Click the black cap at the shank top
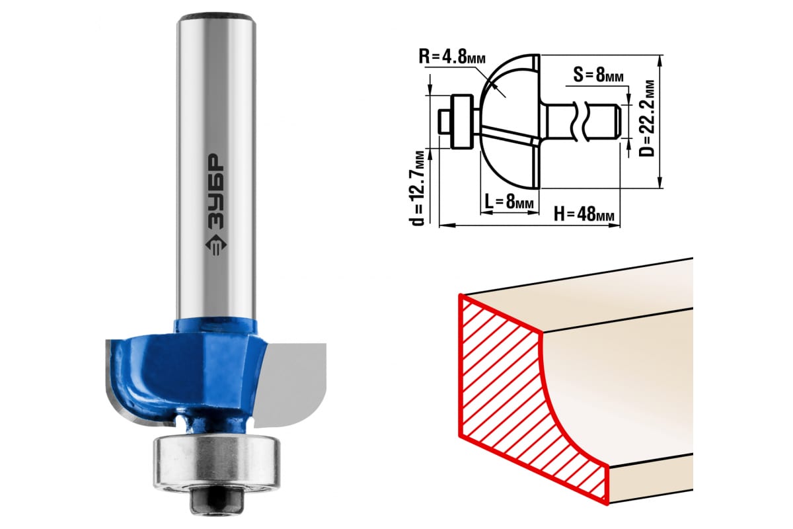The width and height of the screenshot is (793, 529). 217,18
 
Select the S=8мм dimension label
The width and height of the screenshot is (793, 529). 598,75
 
